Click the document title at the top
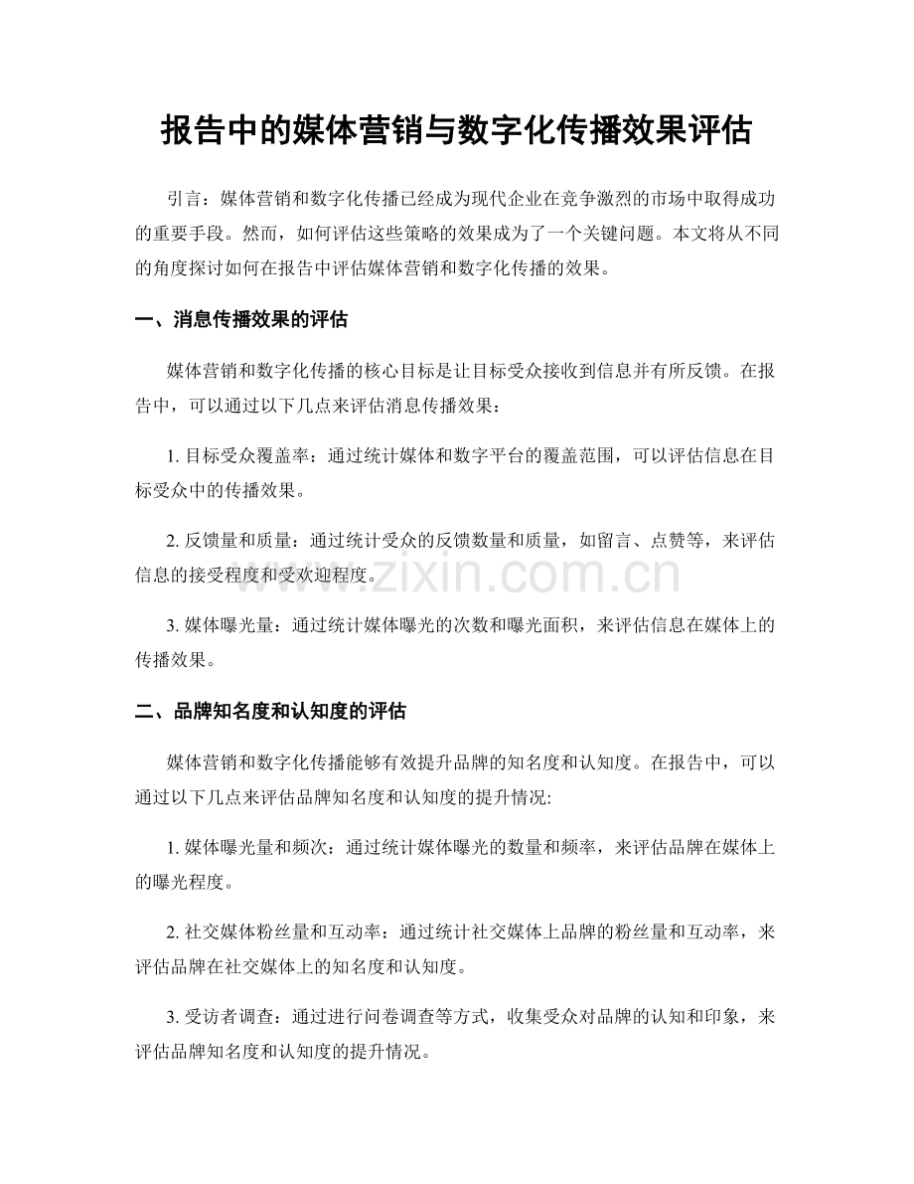click(456, 131)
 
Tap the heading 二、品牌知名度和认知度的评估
click(271, 712)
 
